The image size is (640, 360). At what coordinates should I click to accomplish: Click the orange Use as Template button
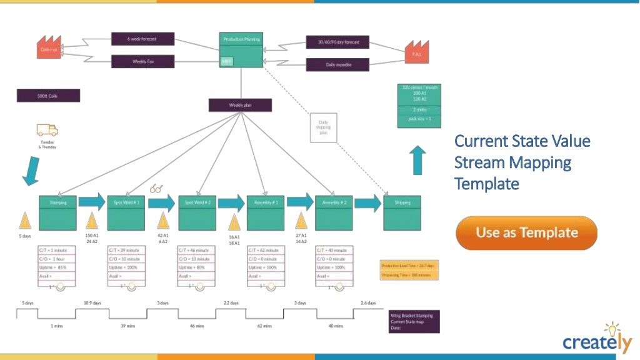[526, 232]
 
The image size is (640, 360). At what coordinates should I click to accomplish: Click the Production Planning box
[241, 49]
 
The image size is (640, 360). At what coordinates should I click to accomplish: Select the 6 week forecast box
[142, 39]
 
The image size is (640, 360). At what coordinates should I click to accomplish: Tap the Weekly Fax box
[142, 61]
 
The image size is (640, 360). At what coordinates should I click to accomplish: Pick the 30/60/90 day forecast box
[337, 42]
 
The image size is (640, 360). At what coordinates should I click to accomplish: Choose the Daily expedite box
[337, 64]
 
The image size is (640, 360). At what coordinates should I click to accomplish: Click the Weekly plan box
[241, 105]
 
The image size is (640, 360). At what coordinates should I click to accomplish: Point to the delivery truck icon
[47, 130]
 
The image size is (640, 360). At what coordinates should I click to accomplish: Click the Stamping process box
[58, 212]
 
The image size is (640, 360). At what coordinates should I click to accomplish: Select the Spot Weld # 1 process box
[126, 212]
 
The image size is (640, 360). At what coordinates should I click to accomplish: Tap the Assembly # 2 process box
[334, 212]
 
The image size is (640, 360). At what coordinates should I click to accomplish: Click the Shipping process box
[402, 212]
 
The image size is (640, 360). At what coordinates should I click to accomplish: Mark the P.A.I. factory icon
[416, 52]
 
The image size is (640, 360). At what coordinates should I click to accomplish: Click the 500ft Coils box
[48, 96]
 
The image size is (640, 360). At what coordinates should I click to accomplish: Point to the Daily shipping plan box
[324, 127]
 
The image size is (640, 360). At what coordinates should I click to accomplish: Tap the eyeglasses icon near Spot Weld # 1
[156, 188]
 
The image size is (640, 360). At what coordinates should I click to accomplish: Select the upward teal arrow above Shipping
[419, 160]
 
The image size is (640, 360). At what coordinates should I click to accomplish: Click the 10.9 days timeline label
[92, 303]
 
